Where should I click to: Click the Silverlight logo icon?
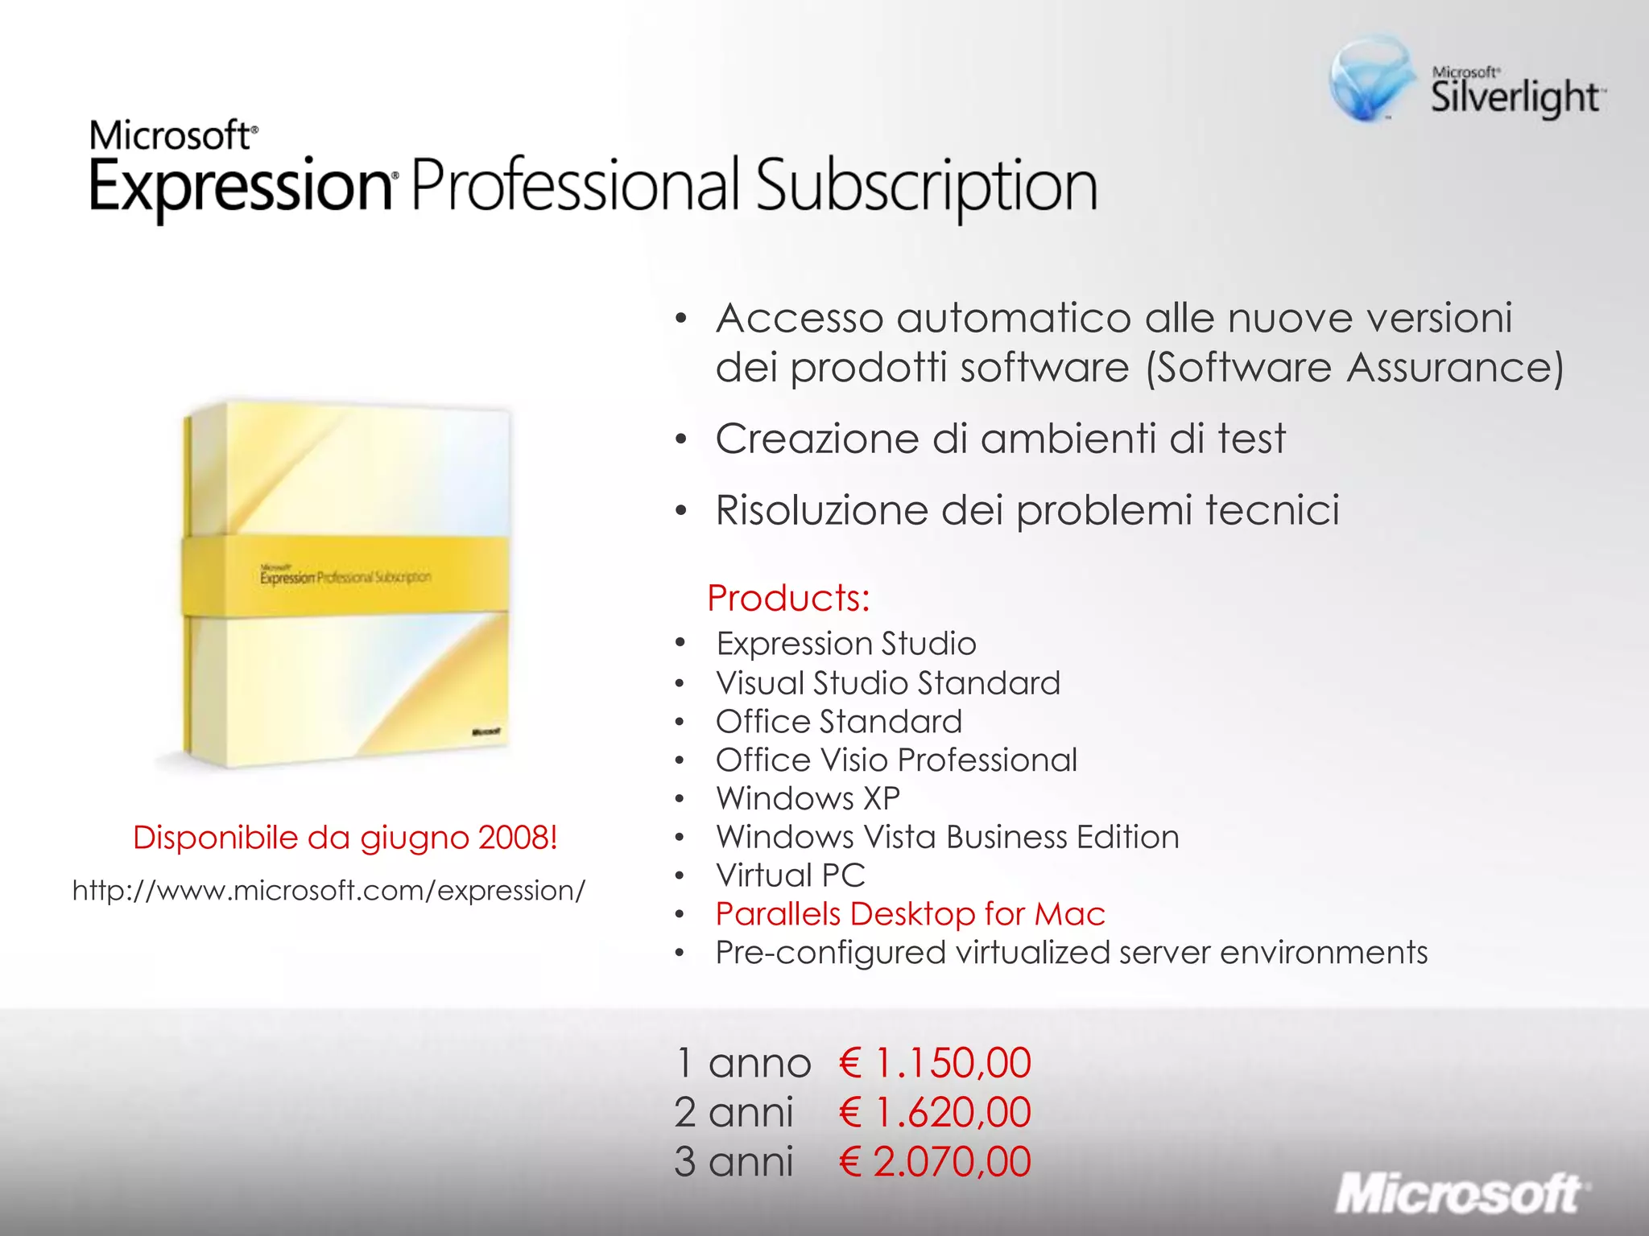coord(1370,79)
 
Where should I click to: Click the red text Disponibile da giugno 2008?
coord(345,838)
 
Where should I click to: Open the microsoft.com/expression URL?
coord(329,891)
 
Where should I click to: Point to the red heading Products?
coord(788,598)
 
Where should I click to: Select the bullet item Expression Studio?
coord(845,644)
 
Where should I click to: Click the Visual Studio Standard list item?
coord(887,683)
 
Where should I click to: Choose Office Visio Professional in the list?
coord(895,760)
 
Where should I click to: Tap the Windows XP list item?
coord(808,799)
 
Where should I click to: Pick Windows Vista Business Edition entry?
coord(947,838)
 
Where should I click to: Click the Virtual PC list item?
coord(790,875)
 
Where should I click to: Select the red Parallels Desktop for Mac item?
coord(910,914)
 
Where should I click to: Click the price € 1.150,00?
coord(934,1063)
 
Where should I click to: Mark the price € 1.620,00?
coord(934,1113)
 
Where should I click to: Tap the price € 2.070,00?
coord(934,1162)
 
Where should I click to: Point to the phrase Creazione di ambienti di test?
coord(1000,439)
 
